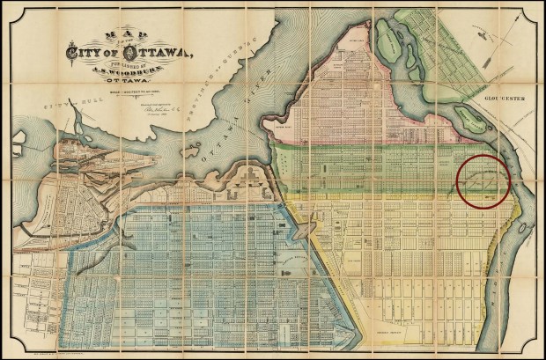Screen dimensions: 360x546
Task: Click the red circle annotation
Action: click(x=483, y=180)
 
